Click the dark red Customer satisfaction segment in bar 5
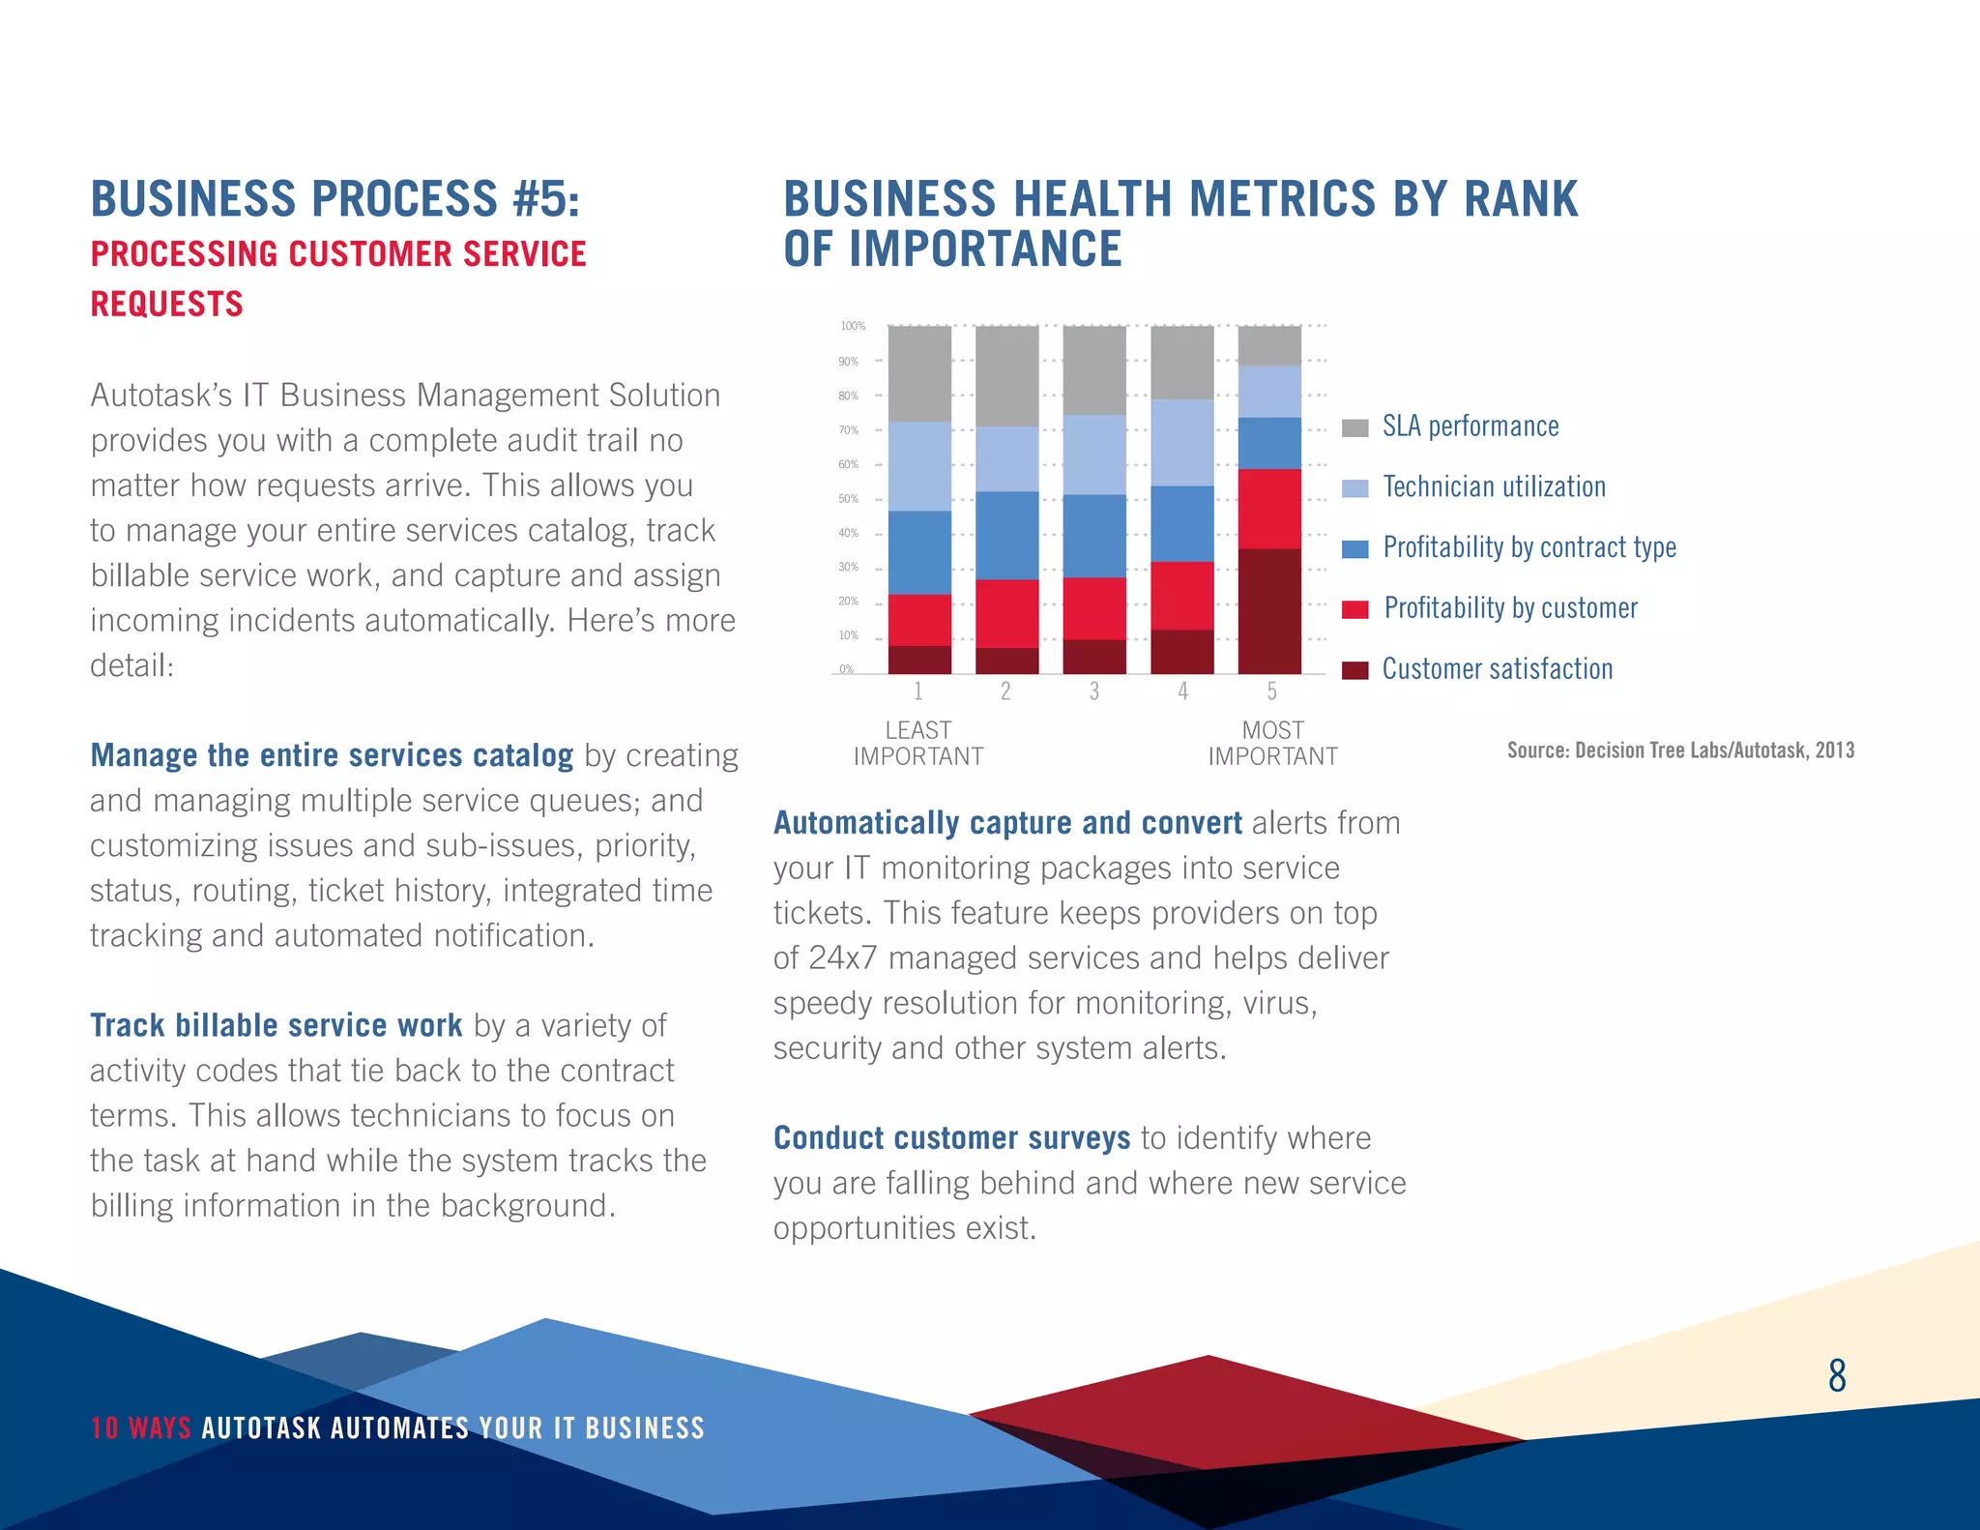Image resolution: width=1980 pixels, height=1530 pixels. click(x=1269, y=611)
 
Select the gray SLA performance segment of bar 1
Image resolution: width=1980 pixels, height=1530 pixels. click(x=919, y=373)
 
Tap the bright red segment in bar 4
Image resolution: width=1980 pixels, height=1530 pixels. click(x=1181, y=596)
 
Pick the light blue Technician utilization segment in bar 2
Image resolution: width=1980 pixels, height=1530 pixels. click(x=1006, y=459)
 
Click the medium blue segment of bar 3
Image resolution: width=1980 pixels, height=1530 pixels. click(x=1094, y=536)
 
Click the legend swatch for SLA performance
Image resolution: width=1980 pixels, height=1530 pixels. click(x=1354, y=428)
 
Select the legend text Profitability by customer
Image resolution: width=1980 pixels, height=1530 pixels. click(x=1510, y=608)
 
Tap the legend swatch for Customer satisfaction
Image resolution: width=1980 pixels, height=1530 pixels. click(x=1354, y=670)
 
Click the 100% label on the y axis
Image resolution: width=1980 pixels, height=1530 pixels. click(x=852, y=326)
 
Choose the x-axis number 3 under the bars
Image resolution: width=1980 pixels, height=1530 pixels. click(x=1094, y=691)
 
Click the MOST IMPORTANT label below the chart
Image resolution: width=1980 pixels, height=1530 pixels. click(x=1272, y=744)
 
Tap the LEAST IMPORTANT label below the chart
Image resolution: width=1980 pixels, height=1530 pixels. click(x=917, y=744)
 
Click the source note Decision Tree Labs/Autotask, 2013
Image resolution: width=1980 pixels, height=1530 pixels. click(x=1680, y=750)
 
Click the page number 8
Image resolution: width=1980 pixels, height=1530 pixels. click(x=1837, y=1375)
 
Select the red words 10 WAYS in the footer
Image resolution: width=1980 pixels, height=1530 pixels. click(x=141, y=1428)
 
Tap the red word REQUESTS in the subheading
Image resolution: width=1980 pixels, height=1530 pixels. click(x=166, y=304)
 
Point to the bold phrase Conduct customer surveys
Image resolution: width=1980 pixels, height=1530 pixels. click(x=951, y=1138)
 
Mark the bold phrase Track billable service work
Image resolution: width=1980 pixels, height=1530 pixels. click(x=277, y=1025)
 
